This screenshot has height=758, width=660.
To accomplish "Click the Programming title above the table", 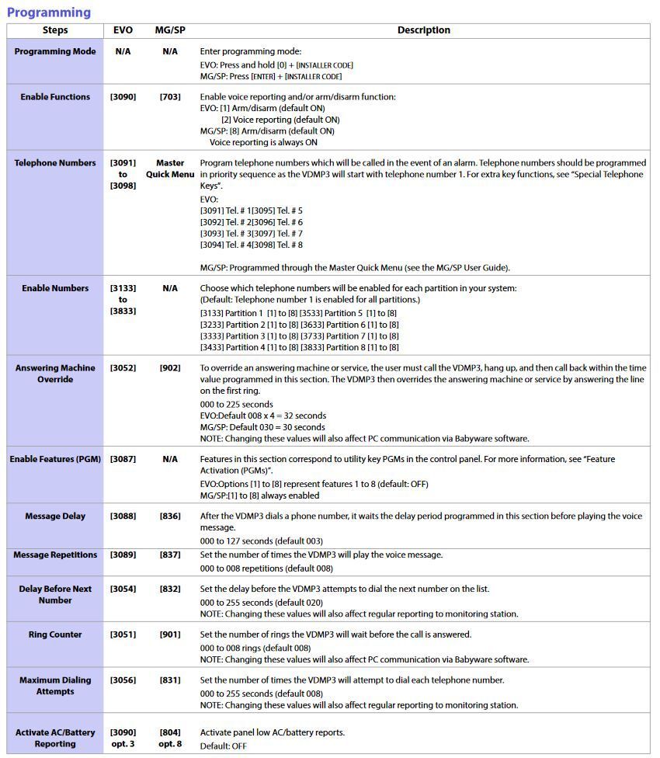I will (49, 12).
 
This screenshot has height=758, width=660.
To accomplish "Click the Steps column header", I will (55, 30).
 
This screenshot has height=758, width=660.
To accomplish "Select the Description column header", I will (423, 30).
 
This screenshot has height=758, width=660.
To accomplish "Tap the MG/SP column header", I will (169, 30).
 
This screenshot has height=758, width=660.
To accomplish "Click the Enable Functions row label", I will (55, 97).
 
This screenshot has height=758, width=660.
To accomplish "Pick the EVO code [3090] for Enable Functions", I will (123, 97).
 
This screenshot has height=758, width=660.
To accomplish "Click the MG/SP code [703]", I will (170, 97).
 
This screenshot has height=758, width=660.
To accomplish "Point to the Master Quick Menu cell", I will (170, 169).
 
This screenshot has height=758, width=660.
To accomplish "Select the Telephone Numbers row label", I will (55, 163).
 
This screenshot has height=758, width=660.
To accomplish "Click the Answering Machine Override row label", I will (55, 374).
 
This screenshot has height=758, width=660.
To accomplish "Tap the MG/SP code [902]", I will (170, 368).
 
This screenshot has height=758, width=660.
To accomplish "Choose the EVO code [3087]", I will (123, 459).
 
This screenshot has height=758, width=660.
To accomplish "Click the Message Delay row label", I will (55, 516).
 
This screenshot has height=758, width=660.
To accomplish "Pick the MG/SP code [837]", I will (170, 555).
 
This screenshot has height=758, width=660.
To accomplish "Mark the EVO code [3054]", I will (123, 589).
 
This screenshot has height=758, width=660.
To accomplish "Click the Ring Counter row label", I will (55, 635).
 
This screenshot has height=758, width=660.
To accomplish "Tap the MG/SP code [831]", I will (170, 680).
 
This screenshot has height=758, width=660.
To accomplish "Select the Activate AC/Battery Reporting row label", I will (55, 738).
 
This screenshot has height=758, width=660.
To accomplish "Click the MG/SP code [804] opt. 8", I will (170, 738).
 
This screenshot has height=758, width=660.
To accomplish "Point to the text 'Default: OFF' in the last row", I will (223, 746).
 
